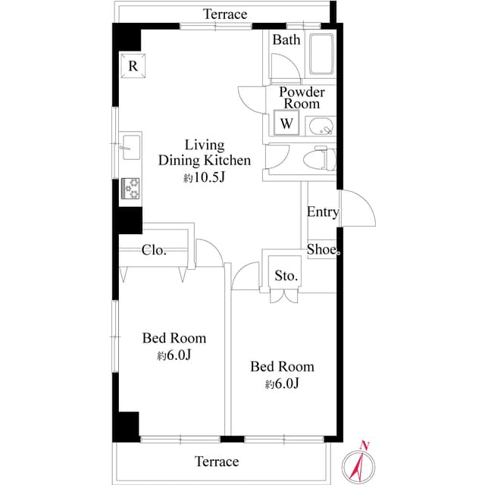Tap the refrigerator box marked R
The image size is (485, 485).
133,67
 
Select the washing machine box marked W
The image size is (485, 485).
286,122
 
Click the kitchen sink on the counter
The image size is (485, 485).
129,145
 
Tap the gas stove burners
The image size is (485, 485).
131,189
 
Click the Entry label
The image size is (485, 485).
323,212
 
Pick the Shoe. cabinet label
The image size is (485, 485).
324,249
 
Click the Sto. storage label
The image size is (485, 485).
286,275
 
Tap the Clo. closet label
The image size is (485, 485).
154,251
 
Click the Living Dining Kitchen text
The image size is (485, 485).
204,152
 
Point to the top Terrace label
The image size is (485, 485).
226,14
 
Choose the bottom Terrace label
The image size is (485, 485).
217,462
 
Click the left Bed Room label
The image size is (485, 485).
174,338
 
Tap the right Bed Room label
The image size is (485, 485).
282,367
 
